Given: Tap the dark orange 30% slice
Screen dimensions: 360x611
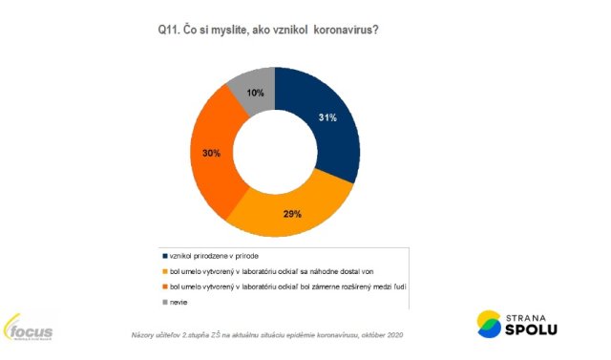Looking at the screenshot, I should [215, 153].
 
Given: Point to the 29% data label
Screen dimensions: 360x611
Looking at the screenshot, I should [292, 215].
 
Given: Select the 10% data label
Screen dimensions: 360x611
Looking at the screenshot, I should [256, 92].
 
